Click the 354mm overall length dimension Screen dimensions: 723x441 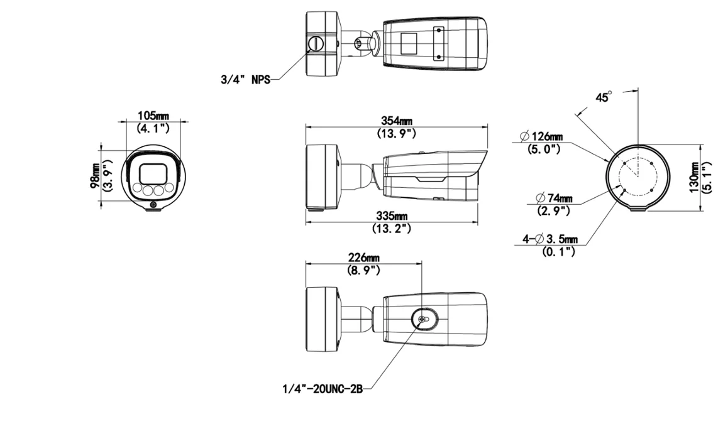click(x=397, y=121)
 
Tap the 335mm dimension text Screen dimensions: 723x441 click(x=392, y=215)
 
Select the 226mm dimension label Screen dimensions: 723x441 click(x=363, y=258)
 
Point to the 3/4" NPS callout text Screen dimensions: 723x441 click(x=245, y=79)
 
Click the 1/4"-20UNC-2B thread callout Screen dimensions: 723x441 click(x=323, y=389)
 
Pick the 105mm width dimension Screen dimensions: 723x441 click(x=153, y=115)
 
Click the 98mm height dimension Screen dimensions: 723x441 click(x=95, y=176)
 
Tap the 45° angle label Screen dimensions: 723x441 click(x=603, y=97)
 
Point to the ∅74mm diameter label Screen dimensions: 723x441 click(x=553, y=198)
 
